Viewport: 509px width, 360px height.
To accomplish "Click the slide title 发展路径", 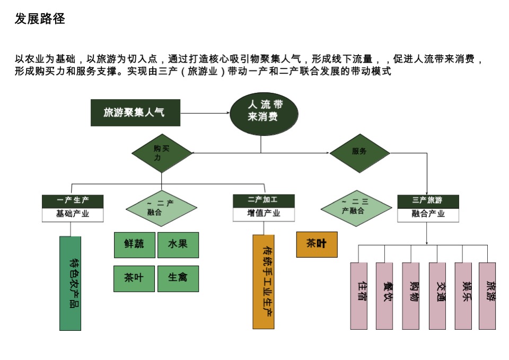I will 40,19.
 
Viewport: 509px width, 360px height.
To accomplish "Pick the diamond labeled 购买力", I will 161,153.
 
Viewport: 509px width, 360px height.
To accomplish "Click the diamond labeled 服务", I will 359,153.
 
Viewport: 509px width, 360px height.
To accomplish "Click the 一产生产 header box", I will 73,201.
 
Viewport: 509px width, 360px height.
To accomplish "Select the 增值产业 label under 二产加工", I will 264,214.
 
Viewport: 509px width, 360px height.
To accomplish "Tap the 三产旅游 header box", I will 427,201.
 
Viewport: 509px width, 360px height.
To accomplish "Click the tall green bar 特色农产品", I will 71,283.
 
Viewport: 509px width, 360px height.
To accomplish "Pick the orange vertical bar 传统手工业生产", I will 264,282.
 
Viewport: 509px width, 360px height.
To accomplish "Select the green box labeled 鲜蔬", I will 135,245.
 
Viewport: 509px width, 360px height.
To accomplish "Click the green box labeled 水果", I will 178,245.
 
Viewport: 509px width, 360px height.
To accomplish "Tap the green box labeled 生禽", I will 178,278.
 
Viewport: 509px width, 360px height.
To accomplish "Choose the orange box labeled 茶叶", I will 317,244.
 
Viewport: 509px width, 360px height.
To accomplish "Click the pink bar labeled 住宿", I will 359,295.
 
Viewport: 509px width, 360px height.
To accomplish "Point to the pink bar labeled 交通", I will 437,295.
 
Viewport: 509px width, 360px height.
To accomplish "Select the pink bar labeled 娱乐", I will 463,295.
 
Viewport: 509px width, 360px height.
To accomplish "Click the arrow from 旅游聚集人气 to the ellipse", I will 205,113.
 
